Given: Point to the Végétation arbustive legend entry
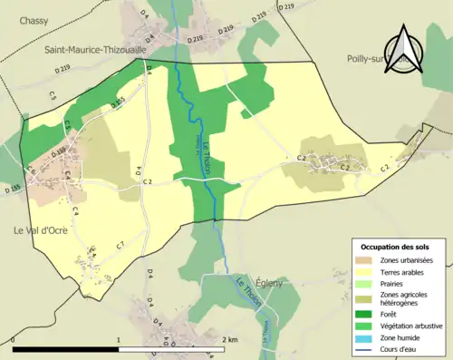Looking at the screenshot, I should click(413, 321).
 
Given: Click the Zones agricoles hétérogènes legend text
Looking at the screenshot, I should click(404, 297).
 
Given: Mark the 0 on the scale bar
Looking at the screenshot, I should click(14, 340).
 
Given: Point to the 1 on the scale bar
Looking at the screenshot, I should click(120, 340).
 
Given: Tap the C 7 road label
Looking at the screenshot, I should click(120, 246).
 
